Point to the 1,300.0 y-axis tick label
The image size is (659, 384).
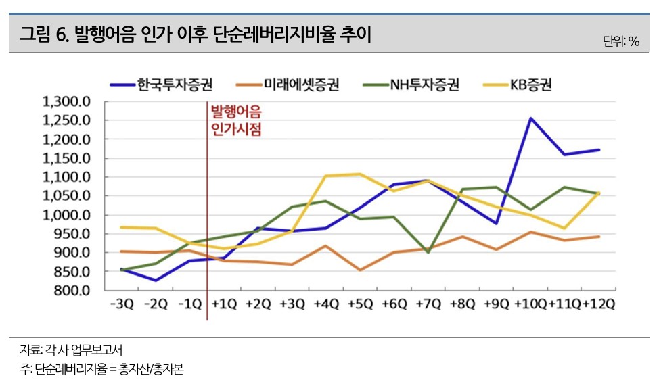[x=66, y=102]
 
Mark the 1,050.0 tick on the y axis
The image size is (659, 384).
[x=66, y=196]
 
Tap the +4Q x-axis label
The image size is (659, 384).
[x=326, y=304]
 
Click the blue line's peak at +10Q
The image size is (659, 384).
[x=531, y=118]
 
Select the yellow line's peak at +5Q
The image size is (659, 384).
[x=360, y=174]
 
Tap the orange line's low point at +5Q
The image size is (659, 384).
[x=360, y=270]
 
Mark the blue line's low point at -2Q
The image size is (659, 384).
[x=156, y=280]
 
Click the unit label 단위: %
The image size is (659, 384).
[x=621, y=41]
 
